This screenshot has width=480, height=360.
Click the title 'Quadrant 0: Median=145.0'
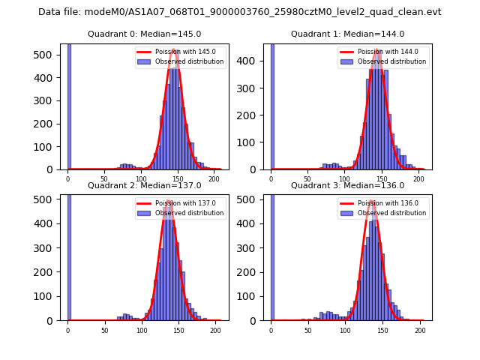pyautogui.click(x=144, y=34)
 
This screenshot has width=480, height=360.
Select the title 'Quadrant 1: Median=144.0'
pyautogui.click(x=347, y=34)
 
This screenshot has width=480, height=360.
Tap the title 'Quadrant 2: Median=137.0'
pyautogui.click(x=144, y=185)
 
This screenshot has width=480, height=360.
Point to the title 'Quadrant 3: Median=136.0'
pyautogui.click(x=347, y=185)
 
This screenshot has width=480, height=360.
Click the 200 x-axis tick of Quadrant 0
pyautogui.click(x=214, y=179)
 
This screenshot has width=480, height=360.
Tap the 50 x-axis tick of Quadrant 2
pyautogui.click(x=104, y=330)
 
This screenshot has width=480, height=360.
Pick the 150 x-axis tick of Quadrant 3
pyautogui.click(x=382, y=330)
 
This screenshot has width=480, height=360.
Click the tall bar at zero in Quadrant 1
pyautogui.click(x=272, y=105)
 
